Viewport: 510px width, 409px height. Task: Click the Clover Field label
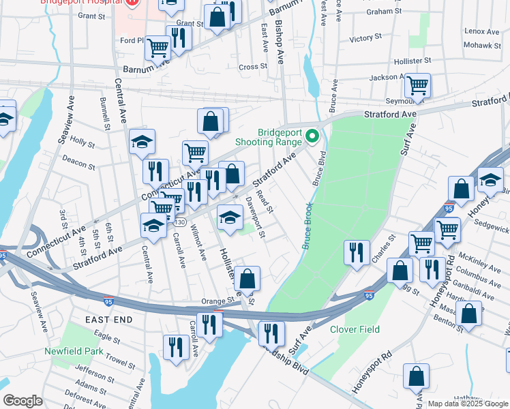point(355,329)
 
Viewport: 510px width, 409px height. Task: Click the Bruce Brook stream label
point(307,226)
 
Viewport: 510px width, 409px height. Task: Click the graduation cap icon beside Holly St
point(142,141)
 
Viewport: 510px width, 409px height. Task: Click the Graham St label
point(384,12)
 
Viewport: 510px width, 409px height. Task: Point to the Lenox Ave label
point(482,31)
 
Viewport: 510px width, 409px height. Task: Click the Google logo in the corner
point(22,401)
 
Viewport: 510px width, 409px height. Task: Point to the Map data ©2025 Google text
point(468,404)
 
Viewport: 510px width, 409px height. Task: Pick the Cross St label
point(252,67)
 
